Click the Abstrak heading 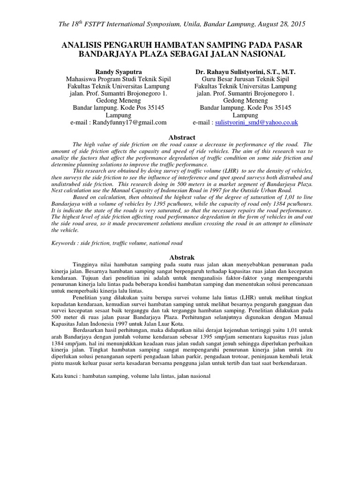coord(181,257)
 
